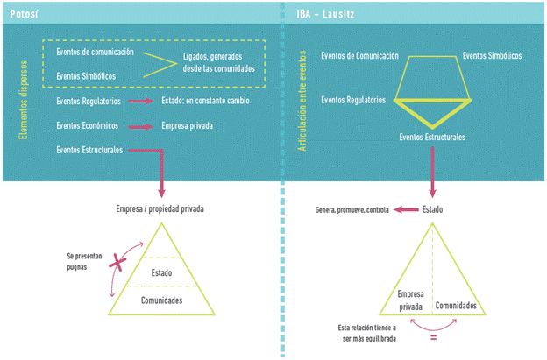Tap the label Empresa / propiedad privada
[x=160, y=208]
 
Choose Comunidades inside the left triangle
[x=160, y=300]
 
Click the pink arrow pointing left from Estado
[x=404, y=210]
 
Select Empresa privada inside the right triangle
[x=410, y=300]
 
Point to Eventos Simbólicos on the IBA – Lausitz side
[x=492, y=55]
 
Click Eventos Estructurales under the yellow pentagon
[x=432, y=138]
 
